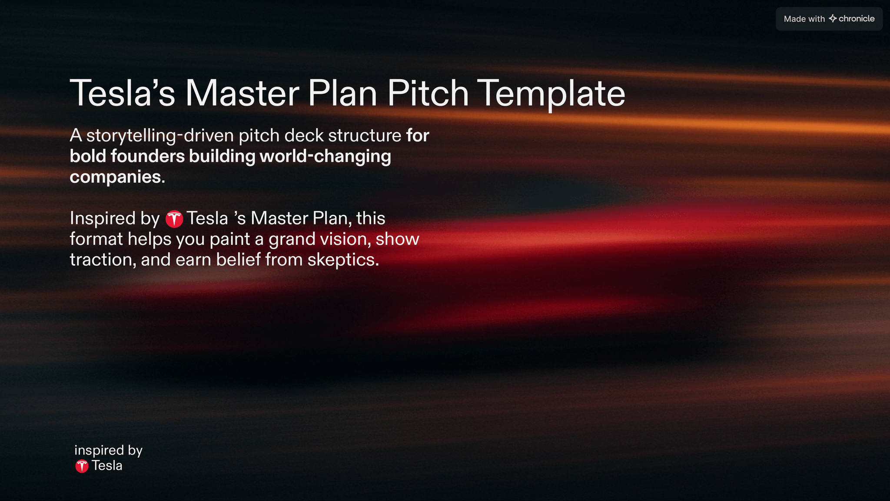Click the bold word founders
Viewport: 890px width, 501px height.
click(148, 156)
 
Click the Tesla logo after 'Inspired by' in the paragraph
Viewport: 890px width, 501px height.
click(174, 219)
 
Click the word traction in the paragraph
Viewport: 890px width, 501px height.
click(101, 260)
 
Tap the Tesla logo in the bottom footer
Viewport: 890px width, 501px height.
click(82, 466)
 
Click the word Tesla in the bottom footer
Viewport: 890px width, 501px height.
click(107, 466)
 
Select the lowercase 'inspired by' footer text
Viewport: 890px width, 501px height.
click(108, 451)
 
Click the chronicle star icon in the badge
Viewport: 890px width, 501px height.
click(833, 18)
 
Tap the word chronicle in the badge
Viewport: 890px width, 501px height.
click(857, 19)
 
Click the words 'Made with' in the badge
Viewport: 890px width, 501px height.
click(804, 19)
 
